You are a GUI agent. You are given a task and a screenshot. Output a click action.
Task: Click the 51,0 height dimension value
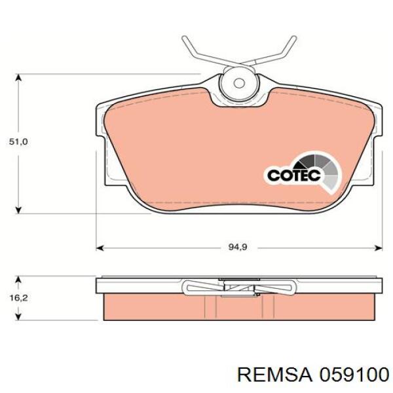[18, 142]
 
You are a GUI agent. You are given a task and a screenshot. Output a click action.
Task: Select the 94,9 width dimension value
[238, 248]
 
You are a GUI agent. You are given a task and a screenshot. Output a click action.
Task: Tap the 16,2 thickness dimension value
[18, 298]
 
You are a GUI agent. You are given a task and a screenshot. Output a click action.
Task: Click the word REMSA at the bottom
[274, 375]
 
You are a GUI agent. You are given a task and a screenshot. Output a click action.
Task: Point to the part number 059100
[354, 375]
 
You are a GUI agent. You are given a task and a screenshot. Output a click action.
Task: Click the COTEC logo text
[294, 175]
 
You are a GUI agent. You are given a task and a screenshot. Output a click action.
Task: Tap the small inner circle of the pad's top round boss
[239, 83]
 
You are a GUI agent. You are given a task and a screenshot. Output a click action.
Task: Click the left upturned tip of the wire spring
[185, 39]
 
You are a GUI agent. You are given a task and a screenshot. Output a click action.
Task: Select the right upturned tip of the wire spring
[293, 39]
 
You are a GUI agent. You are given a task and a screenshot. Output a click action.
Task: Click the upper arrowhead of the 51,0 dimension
[18, 77]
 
